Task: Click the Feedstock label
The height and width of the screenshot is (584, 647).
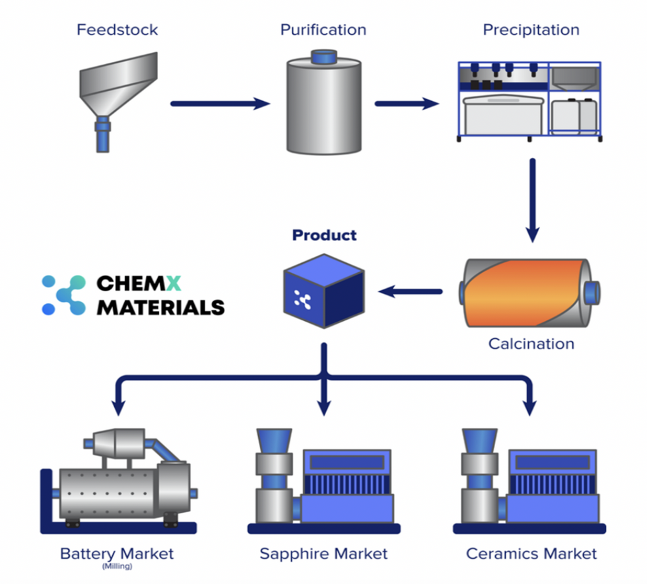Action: click(x=118, y=30)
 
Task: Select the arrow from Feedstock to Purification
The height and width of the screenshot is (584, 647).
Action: click(x=220, y=104)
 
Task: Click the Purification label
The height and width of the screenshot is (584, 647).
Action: click(x=323, y=30)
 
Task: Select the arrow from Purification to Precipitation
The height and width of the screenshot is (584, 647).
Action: click(x=407, y=104)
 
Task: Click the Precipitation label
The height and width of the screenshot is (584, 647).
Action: click(x=531, y=30)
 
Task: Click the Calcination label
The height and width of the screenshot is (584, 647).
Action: click(x=531, y=344)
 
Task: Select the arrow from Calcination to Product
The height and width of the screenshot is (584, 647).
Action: click(x=410, y=291)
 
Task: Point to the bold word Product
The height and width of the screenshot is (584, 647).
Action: click(x=324, y=235)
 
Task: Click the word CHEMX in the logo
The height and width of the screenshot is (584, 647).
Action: click(x=139, y=284)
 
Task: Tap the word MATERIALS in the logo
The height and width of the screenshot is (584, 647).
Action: click(x=160, y=308)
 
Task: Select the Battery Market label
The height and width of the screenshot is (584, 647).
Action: click(x=117, y=553)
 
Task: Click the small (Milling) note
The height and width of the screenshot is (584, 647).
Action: click(x=117, y=567)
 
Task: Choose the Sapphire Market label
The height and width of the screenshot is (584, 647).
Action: click(x=323, y=553)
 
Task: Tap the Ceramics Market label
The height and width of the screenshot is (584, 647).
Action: click(x=531, y=553)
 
